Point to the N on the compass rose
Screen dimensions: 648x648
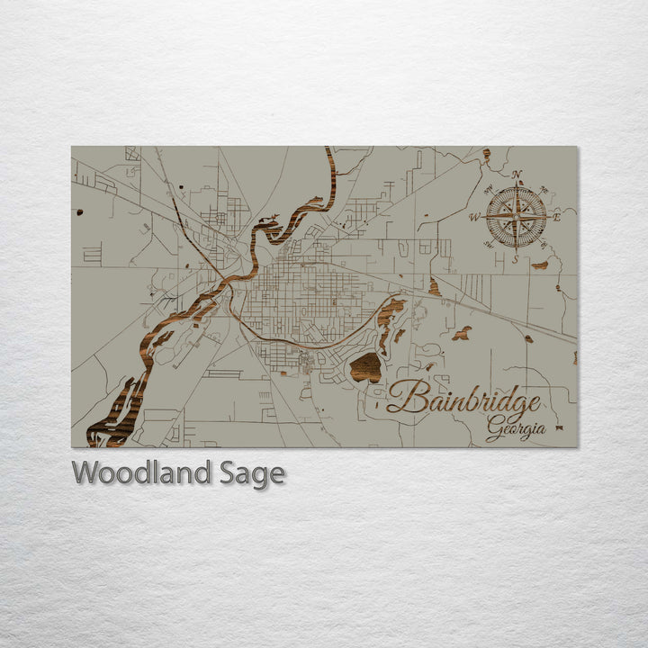pyautogui.click(x=517, y=175)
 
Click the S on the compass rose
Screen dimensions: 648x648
pyautogui.click(x=515, y=259)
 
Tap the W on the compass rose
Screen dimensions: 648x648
pyautogui.click(x=473, y=217)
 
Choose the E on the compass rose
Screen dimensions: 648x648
pyautogui.click(x=557, y=216)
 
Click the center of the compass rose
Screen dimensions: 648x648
pyautogui.click(x=516, y=216)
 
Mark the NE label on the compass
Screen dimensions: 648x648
pyautogui.click(x=543, y=190)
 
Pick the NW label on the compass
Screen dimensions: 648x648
pyautogui.click(x=489, y=189)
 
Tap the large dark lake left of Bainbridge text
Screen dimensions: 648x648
pyautogui.click(x=365, y=367)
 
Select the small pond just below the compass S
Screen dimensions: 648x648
pyautogui.click(x=539, y=265)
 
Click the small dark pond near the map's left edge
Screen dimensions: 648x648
pyautogui.click(x=79, y=212)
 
